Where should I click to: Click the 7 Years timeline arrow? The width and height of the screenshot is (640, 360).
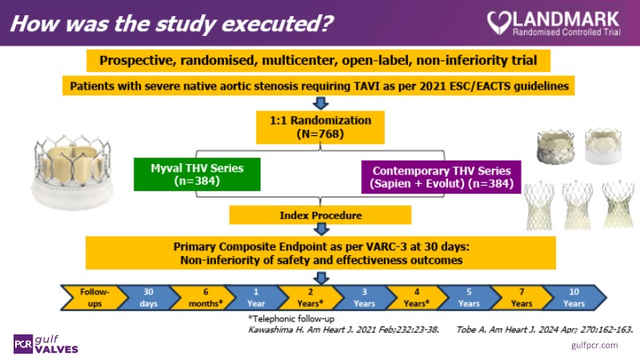(x=521, y=298)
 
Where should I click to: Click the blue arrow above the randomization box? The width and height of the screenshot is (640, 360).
(x=320, y=103)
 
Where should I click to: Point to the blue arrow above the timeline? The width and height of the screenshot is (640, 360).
(x=320, y=277)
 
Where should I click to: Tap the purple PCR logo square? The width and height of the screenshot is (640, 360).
(x=24, y=342)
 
